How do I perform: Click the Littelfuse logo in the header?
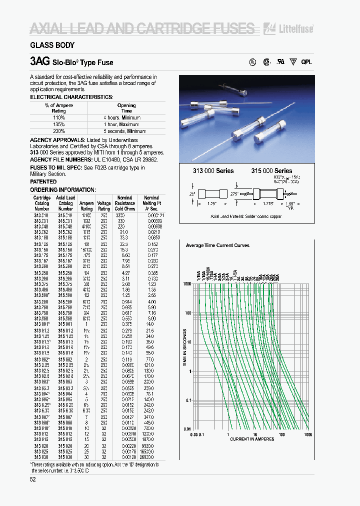[295, 28]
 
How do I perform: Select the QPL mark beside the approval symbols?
[306, 62]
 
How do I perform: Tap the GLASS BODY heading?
[52, 45]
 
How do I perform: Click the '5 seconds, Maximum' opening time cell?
[126, 131]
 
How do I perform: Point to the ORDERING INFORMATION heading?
[62, 190]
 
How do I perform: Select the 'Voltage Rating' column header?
[104, 203]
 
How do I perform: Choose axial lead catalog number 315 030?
[65, 457]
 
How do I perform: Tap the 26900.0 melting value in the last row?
[152, 457]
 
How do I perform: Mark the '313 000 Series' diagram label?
[213, 170]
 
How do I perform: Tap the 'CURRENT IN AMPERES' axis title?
[252, 439]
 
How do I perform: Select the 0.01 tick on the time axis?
[186, 429]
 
